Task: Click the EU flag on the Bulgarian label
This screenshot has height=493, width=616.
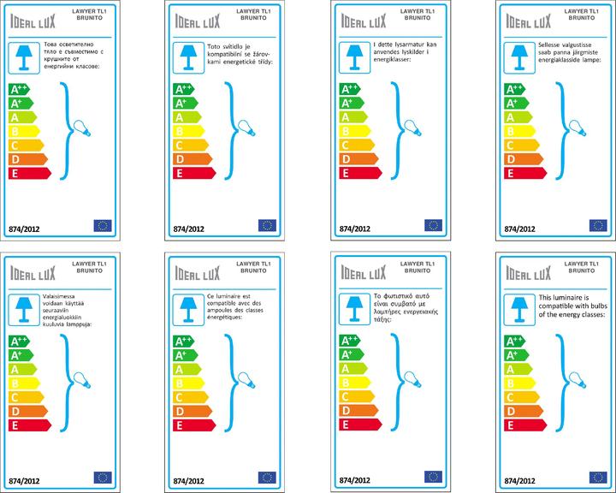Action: [x=103, y=226]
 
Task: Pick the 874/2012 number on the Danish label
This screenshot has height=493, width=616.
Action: [x=354, y=229]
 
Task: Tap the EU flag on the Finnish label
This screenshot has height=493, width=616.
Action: [x=103, y=477]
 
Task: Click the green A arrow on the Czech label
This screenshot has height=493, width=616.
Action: [x=187, y=117]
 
